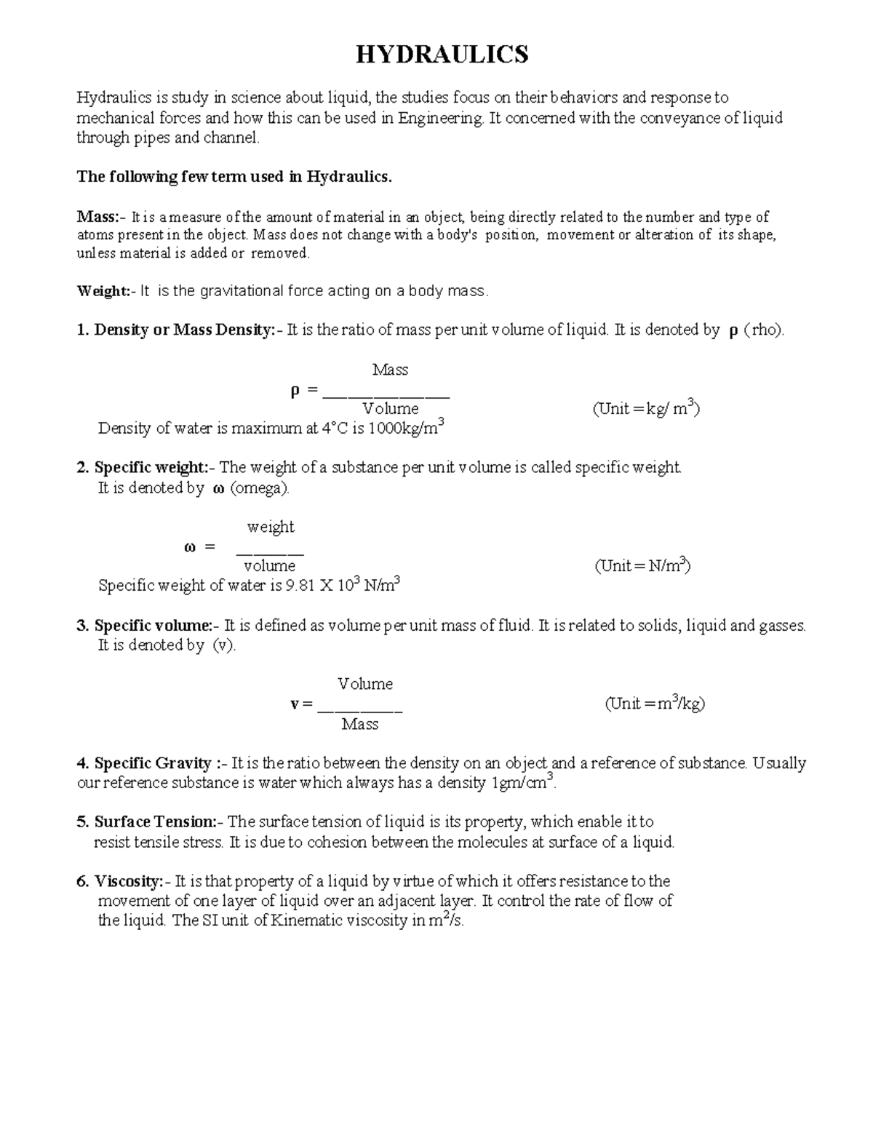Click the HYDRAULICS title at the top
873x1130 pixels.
[x=442, y=55]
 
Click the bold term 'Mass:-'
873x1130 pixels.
[x=101, y=217]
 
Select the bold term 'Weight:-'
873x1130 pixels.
[x=103, y=291]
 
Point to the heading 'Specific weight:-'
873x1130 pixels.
[x=154, y=468]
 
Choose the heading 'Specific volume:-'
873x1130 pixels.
[x=156, y=626]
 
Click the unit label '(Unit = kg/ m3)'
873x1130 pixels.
[x=646, y=408]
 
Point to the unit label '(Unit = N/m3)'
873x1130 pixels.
[x=642, y=565]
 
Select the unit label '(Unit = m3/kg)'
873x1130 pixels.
[x=655, y=704]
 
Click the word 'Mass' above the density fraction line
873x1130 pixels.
[x=390, y=370]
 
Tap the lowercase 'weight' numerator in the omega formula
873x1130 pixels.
[x=271, y=527]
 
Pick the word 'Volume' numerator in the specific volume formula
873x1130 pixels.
[x=365, y=684]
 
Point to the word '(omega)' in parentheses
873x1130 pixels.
[x=260, y=488]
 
